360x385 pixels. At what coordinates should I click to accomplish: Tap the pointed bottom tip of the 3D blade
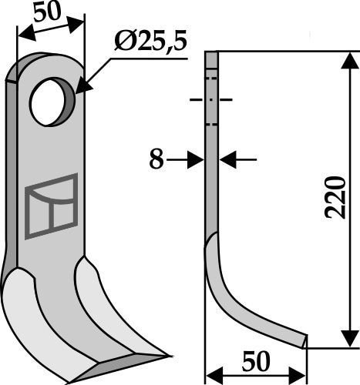pos(164,355)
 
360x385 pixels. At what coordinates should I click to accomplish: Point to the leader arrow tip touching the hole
pos(77,90)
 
